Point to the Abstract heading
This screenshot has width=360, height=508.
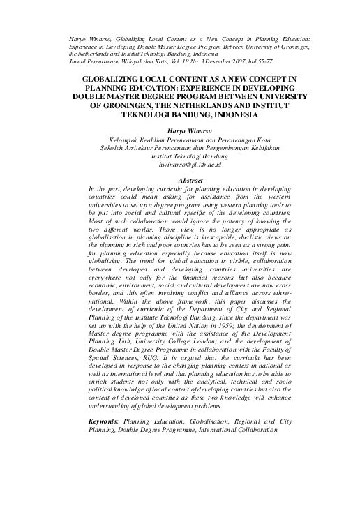[179, 181]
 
